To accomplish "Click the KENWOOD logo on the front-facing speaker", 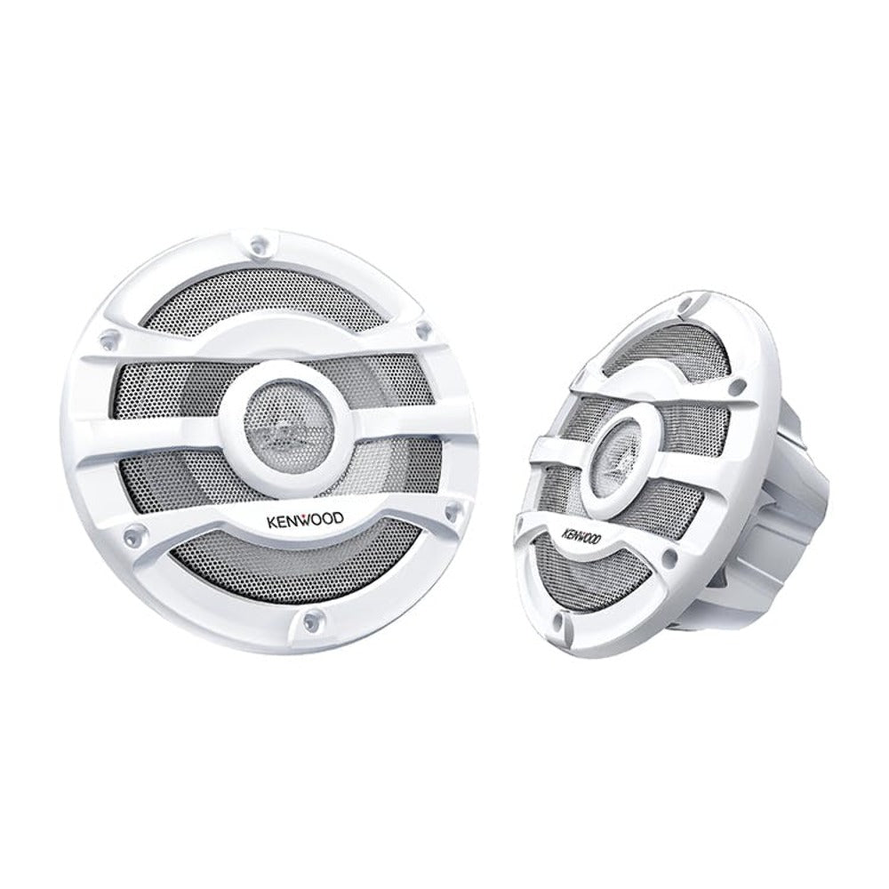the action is (x=305, y=519).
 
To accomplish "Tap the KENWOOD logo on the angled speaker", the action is (x=581, y=534).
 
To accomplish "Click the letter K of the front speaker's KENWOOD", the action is (x=271, y=520).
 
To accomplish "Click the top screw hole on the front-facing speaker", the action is (x=260, y=244).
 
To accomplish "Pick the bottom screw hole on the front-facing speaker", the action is (x=309, y=621).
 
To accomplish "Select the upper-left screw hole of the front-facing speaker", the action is (x=108, y=339).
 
